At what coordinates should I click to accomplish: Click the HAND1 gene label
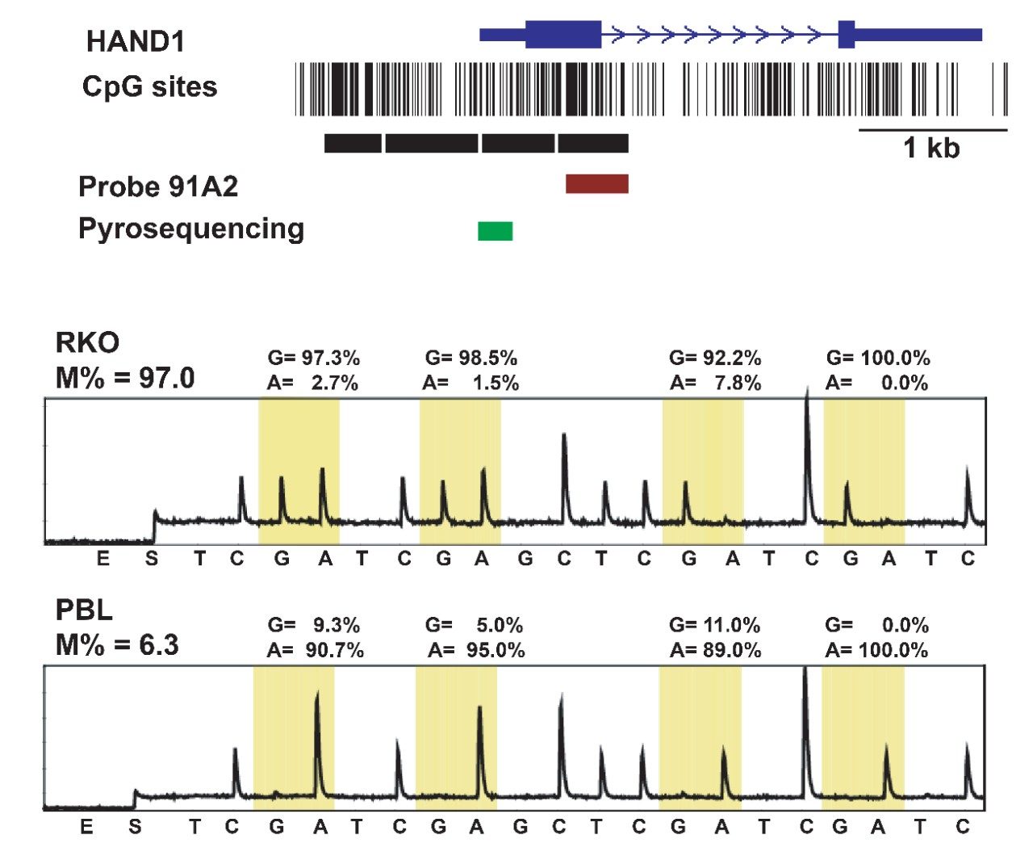tap(136, 41)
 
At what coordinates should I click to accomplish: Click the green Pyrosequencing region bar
tap(495, 231)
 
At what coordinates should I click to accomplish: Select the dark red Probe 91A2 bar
tap(596, 183)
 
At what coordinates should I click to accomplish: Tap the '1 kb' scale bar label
tap(931, 148)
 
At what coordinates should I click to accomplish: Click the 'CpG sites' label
tap(149, 86)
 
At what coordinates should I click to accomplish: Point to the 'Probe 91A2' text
tap(158, 187)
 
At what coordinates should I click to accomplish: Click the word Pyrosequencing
tap(191, 229)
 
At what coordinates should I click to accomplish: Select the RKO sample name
tap(87, 342)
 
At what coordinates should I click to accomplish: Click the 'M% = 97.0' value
tap(125, 377)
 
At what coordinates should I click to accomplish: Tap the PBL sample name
tap(84, 610)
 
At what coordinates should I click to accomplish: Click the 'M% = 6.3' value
tap(117, 644)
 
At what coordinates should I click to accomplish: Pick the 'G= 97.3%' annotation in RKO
tap(313, 358)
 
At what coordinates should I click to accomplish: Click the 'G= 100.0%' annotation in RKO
tap(878, 358)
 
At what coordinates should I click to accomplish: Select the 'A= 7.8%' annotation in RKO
tap(715, 383)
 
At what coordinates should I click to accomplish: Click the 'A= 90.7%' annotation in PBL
tap(315, 650)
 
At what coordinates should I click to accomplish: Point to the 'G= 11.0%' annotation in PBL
tap(715, 625)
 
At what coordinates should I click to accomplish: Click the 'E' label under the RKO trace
tap(103, 558)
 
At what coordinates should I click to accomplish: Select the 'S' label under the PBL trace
tap(135, 827)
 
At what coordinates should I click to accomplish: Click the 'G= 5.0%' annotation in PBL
tap(474, 625)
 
